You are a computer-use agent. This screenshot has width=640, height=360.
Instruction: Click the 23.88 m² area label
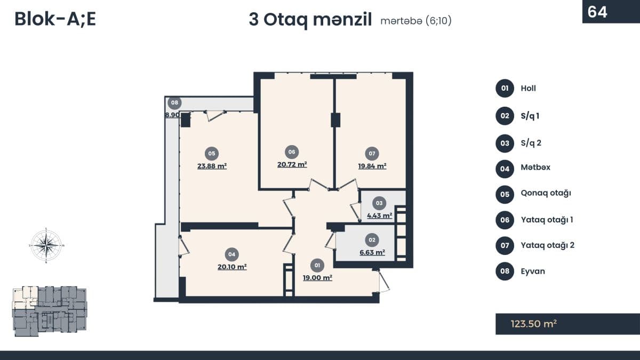tap(212, 166)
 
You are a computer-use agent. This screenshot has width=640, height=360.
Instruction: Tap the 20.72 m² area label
tap(292, 165)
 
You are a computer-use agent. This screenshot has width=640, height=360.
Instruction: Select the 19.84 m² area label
tap(372, 166)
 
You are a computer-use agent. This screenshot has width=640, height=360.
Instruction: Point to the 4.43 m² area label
tap(379, 215)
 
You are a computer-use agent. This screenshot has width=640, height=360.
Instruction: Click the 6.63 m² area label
tap(372, 252)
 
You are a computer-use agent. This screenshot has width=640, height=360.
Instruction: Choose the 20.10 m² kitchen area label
tap(232, 267)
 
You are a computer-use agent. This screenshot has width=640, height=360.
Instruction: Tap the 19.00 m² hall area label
tap(317, 278)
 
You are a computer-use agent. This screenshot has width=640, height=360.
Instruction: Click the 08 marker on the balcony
tap(174, 102)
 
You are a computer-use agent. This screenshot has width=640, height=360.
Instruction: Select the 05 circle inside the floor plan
tap(212, 154)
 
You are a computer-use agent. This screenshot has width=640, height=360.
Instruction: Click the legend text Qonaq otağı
tap(546, 194)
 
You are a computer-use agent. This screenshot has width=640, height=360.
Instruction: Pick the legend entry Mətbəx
tap(535, 167)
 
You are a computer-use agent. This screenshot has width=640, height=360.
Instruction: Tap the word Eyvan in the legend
tap(533, 271)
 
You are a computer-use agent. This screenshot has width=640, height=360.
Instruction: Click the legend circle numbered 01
tap(505, 89)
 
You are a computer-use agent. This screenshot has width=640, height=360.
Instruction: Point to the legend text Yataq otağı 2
tap(547, 245)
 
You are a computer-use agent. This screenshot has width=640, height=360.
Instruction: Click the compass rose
tap(46, 245)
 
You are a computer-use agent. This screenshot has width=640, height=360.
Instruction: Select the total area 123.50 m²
tap(534, 324)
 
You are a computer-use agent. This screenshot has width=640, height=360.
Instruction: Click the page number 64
tap(597, 12)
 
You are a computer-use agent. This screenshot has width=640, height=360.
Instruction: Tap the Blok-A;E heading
tap(55, 19)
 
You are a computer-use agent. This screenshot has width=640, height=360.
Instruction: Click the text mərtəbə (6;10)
tap(416, 21)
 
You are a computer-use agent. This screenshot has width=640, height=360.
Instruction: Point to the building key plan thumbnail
tap(50, 311)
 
